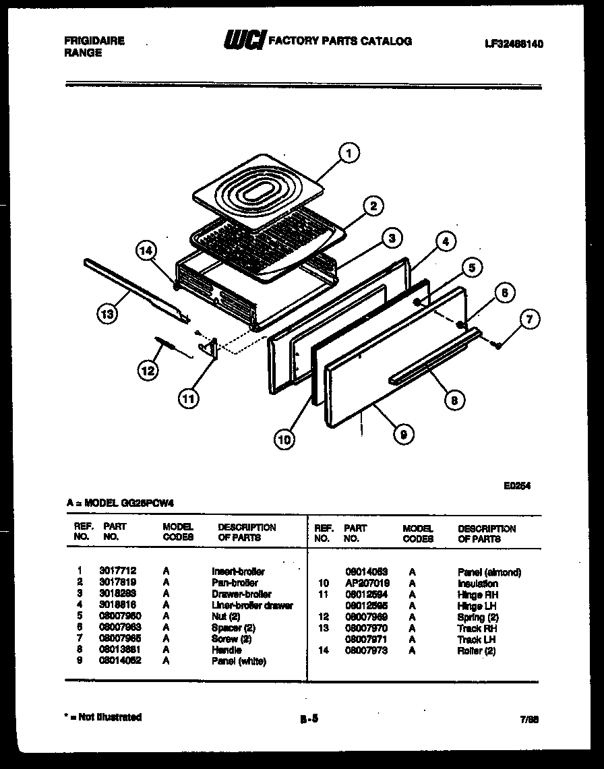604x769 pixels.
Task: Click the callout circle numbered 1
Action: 348,154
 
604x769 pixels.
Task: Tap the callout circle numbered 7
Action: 528,320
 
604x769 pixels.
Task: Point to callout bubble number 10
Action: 284,440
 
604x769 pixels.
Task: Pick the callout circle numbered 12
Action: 149,369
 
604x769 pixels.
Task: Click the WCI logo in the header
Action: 245,41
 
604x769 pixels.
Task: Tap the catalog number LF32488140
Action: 514,44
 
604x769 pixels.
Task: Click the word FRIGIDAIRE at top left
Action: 94,40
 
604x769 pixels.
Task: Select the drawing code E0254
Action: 516,483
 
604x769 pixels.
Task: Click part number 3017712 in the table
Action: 117,571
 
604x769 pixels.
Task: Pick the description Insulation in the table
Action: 478,584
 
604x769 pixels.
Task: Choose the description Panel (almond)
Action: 489,572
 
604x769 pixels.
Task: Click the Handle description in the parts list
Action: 227,650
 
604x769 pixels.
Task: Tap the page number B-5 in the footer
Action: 309,718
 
